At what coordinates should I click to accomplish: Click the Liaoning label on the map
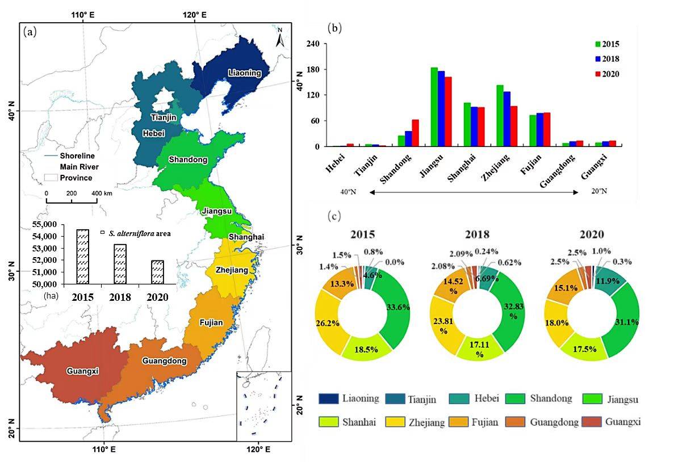click(x=245, y=73)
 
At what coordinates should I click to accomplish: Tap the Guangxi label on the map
click(x=83, y=371)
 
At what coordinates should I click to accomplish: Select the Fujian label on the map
click(x=211, y=322)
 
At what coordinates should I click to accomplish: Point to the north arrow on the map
click(x=280, y=39)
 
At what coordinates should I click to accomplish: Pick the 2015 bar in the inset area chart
click(x=83, y=257)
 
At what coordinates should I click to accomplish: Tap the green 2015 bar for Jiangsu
click(x=434, y=107)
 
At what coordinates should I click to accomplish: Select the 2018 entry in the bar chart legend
click(x=607, y=58)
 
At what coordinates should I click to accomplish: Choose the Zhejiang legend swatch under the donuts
click(x=394, y=421)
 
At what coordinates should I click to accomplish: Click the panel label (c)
click(x=336, y=216)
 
